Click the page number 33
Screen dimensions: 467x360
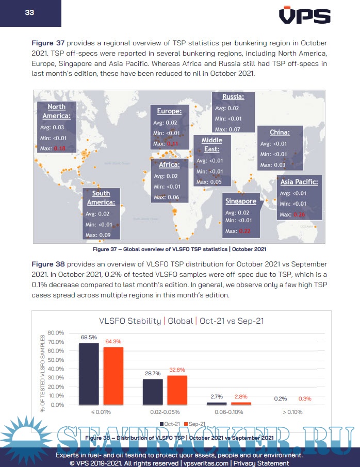click(29, 12)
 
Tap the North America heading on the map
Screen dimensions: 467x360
click(56, 111)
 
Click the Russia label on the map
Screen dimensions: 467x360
click(233, 96)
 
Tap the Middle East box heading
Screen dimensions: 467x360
click(211, 144)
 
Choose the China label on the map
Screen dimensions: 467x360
click(280, 132)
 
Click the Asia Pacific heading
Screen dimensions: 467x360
click(299, 181)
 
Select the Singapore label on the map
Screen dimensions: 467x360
click(240, 201)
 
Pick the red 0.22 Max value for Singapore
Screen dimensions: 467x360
click(244, 231)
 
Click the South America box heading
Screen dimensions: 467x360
click(101, 198)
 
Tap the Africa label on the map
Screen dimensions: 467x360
click(169, 165)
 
